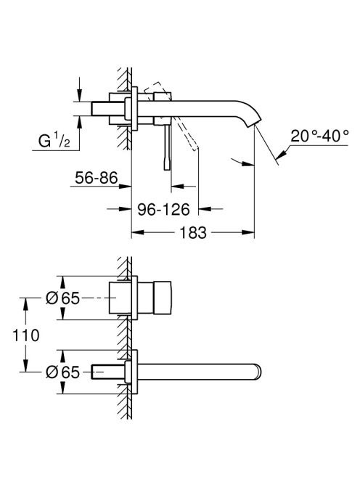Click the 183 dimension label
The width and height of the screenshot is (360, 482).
193,233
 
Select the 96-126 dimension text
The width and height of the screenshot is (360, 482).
163,210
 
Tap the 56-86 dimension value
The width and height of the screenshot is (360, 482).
97,178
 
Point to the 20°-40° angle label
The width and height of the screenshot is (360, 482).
320,136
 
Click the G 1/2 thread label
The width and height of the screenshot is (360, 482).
54,141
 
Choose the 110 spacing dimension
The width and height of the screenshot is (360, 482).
26,335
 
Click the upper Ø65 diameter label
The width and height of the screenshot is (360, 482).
62,298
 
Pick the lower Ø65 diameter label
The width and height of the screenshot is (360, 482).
62,372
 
